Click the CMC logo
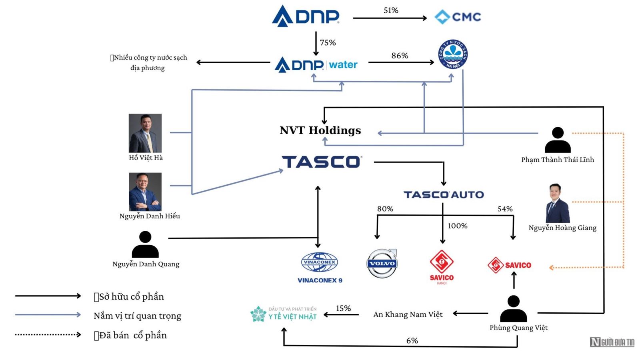pos(458,17)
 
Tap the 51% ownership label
pos(391,10)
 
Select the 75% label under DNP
pos(328,42)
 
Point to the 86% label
pos(400,56)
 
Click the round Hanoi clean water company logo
pos(453,54)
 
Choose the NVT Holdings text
pos(320,130)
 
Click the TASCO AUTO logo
pos(444,195)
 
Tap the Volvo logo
pos(382,263)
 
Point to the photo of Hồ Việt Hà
pos(145,133)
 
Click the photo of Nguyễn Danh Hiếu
pos(145,192)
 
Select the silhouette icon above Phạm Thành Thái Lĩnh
pos(558,140)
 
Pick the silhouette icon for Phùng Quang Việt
pos(514,308)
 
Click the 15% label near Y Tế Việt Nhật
pos(343,308)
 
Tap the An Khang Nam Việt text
pos(408,314)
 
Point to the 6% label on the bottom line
pos(412,340)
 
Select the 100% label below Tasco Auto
pos(458,226)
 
